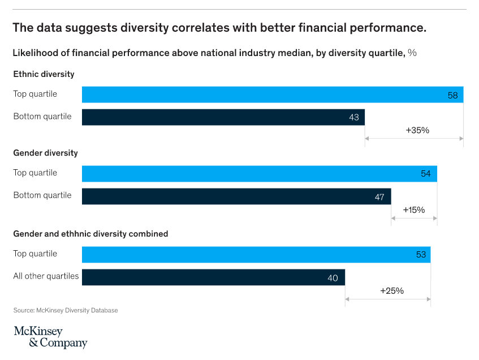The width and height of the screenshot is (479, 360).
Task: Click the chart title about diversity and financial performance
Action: point(219,28)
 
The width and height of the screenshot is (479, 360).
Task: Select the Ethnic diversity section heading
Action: point(44,74)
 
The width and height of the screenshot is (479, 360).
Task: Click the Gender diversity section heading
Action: point(45,153)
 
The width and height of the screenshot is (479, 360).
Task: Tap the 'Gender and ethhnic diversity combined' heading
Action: point(90,233)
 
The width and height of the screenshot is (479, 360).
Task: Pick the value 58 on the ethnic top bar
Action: point(452,95)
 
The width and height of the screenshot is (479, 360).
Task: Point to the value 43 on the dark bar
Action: point(354,117)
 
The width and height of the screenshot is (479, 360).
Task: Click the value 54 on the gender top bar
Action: point(426,174)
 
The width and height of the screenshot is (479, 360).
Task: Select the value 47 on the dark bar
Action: point(379,197)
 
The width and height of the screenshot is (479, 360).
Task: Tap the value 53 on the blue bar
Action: point(420,255)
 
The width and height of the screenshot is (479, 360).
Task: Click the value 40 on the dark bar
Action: point(333,278)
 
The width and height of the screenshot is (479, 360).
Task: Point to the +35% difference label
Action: point(417,130)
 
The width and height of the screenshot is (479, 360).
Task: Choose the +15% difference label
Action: point(413,210)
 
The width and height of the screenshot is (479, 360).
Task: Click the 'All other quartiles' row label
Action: point(46,276)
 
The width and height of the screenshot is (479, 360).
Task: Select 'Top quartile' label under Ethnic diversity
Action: point(35,94)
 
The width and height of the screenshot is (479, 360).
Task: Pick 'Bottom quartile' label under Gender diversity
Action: point(42,195)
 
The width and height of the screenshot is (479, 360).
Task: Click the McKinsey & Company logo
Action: point(50,337)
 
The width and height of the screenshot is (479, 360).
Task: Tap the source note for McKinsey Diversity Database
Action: point(65,310)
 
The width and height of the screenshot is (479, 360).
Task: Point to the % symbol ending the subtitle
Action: point(412,53)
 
